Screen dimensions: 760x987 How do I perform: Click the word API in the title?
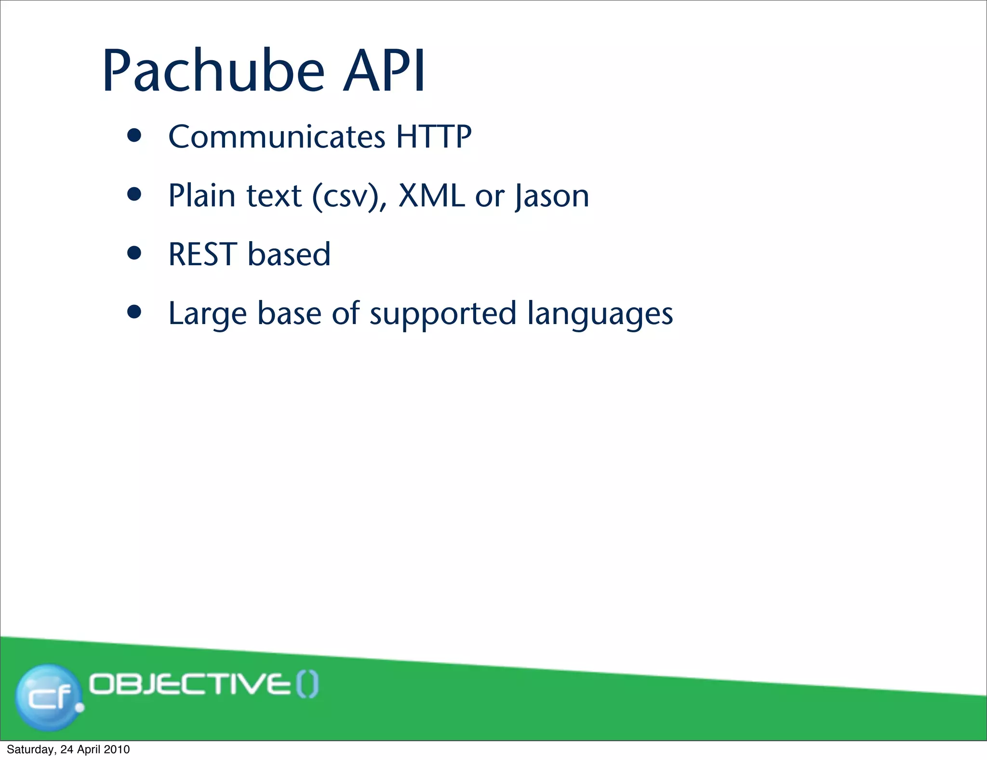click(384, 71)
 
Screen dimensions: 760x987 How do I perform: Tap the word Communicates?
click(277, 137)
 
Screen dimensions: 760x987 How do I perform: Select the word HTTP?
click(433, 137)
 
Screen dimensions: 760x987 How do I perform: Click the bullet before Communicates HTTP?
click(134, 136)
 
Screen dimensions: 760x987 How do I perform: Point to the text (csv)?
click(349, 197)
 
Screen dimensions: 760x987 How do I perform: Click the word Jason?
click(552, 197)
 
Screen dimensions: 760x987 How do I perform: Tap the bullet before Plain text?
click(134, 194)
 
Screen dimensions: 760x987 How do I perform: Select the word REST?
click(202, 255)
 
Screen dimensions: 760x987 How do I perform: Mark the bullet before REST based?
click(134, 253)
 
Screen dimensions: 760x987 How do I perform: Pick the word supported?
click(443, 314)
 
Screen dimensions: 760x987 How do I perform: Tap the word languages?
click(600, 314)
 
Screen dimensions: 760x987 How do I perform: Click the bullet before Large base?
click(134, 312)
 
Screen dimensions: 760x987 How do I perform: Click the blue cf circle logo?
click(48, 696)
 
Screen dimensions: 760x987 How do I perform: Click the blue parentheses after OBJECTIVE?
click(307, 685)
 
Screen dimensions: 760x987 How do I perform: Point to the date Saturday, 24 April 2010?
click(68, 749)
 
